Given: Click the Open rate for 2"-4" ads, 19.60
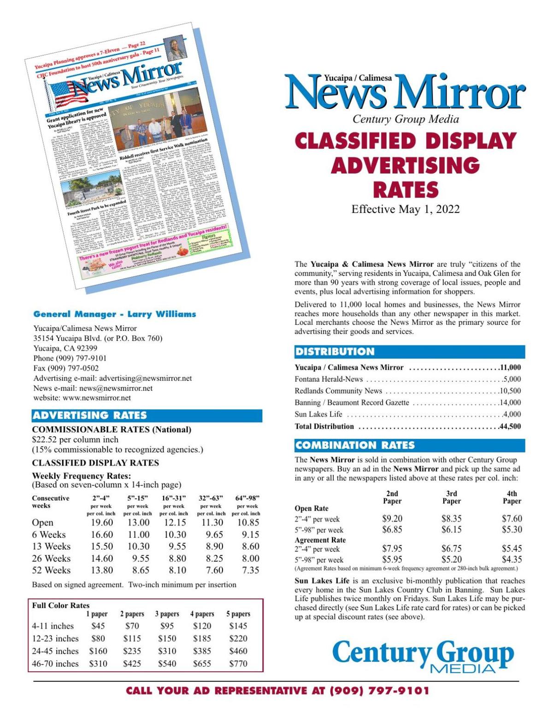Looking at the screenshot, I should pyautogui.click(x=102, y=522).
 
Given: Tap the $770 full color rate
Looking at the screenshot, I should pyautogui.click(x=238, y=663).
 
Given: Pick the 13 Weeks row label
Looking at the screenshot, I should pyautogui.click(x=51, y=546).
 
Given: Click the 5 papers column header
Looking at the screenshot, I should pyautogui.click(x=238, y=614).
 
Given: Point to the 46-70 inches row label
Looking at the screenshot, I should pyautogui.click(x=55, y=663).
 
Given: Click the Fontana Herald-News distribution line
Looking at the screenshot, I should pyautogui.click(x=329, y=379).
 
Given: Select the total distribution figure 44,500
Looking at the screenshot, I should pyautogui.click(x=510, y=426).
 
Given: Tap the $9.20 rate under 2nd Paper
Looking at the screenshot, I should pyautogui.click(x=392, y=518).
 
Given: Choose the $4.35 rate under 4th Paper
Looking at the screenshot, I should pyautogui.click(x=512, y=560).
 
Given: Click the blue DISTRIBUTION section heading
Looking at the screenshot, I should pyautogui.click(x=335, y=352).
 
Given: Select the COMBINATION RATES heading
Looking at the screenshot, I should pyautogui.click(x=355, y=446).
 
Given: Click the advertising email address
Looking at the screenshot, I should pyautogui.click(x=146, y=378).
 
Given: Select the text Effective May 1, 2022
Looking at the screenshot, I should pyautogui.click(x=406, y=209).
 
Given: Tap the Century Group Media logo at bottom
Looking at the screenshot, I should pyautogui.click(x=423, y=656).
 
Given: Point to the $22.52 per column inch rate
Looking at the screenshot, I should pyautogui.click(x=75, y=440).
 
